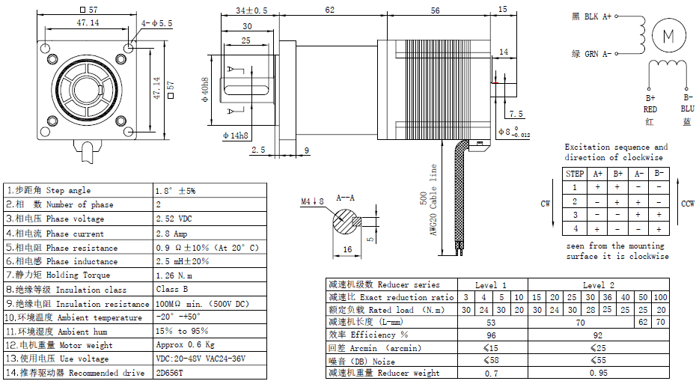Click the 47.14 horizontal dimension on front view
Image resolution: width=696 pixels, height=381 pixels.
coord(88,23)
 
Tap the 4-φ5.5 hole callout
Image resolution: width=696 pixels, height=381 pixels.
coord(157,23)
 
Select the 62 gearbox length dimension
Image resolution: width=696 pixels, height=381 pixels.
coord(329,10)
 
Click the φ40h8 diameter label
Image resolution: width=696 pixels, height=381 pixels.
coord(204,90)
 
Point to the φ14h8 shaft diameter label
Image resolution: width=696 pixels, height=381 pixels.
coord(236,135)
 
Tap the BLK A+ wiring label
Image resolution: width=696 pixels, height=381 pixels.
coord(591,16)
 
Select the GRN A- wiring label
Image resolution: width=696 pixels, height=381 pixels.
coord(591,53)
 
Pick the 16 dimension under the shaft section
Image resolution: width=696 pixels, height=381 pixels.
coord(347,249)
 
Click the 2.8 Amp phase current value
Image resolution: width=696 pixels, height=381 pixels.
coord(171,234)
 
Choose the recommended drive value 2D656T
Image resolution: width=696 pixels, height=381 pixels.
coord(169,373)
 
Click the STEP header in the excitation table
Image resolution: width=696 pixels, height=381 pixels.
coord(575,173)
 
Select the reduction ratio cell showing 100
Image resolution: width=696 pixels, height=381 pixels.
coord(660,297)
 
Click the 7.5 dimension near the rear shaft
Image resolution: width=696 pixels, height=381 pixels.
coord(516,115)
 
